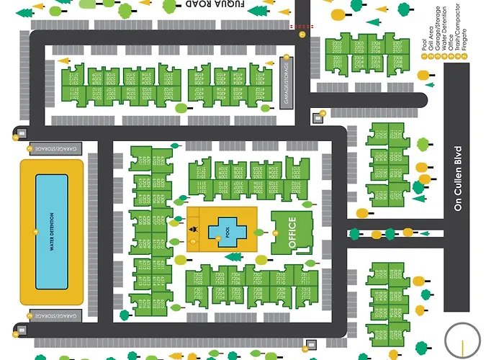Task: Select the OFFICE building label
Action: [292, 233]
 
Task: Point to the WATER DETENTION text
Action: [51, 230]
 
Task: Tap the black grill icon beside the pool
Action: [192, 230]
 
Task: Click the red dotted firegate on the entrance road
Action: [296, 27]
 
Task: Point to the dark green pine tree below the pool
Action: [233, 256]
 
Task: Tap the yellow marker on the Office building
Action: [276, 233]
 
